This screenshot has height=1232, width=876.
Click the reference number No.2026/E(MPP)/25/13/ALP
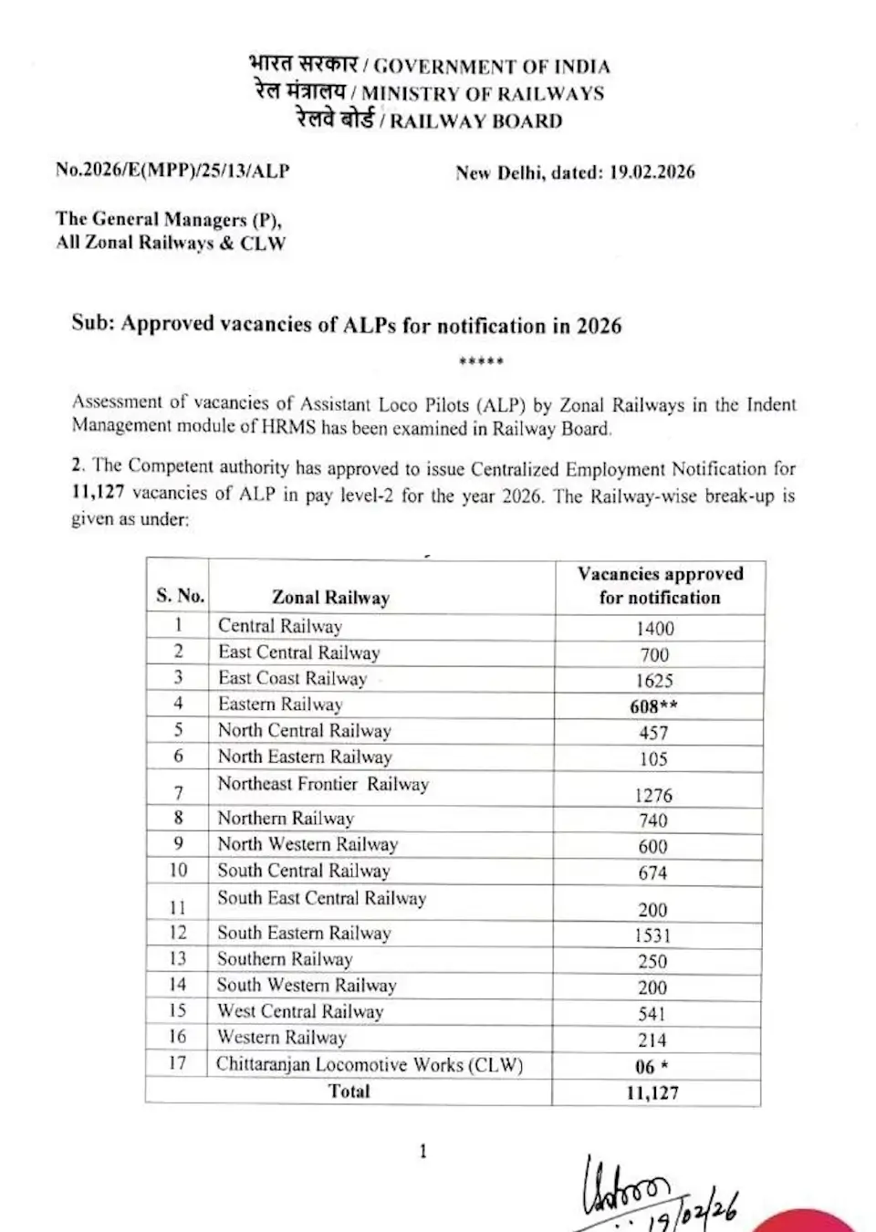tap(172, 170)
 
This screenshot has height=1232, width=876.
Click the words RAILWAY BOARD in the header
tap(476, 120)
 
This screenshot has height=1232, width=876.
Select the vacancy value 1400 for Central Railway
tap(654, 628)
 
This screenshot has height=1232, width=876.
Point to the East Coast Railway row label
tap(292, 678)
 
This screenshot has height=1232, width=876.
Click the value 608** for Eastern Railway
tap(653, 706)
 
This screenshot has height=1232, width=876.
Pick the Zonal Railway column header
tap(330, 598)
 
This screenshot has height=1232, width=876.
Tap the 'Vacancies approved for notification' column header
tap(660, 586)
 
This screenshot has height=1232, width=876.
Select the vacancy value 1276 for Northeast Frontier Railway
tap(653, 795)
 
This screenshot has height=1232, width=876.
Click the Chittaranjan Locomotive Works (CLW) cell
tap(370, 1064)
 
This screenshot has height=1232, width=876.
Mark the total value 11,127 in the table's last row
tap(652, 1092)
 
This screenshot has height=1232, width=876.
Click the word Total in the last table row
tap(349, 1091)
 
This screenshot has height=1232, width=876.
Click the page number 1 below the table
tap(422, 1152)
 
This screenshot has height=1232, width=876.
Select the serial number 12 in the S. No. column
tap(178, 933)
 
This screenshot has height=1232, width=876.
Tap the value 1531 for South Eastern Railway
tap(652, 935)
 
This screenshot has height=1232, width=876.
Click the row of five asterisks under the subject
tap(481, 361)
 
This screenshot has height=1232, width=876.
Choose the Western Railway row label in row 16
tap(282, 1038)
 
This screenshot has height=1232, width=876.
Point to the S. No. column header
tap(180, 596)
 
